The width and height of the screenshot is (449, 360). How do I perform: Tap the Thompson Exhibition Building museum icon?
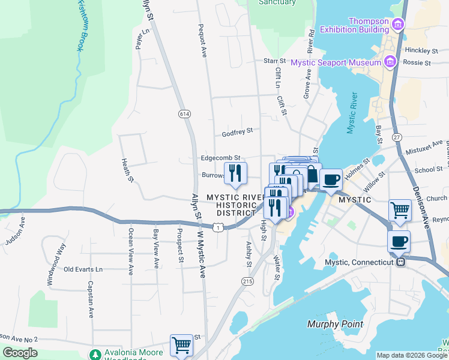(x=397, y=25)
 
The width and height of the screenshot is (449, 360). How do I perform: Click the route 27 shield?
(x=397, y=137)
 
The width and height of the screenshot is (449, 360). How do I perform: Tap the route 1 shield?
(x=220, y=227)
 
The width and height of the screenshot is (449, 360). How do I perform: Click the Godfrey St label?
(x=237, y=130)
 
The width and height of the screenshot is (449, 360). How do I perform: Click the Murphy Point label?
(x=335, y=324)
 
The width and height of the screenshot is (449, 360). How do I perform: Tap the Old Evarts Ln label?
(x=83, y=269)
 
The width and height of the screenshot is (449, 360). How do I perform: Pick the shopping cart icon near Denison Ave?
(x=400, y=211)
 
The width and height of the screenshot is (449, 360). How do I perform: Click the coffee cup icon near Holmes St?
(x=331, y=179)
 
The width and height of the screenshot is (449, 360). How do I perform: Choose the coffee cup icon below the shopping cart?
(x=400, y=241)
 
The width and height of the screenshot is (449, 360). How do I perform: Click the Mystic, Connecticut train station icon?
(x=400, y=262)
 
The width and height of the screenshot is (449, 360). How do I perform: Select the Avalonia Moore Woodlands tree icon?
(x=95, y=354)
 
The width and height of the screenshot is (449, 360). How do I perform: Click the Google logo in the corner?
(x=20, y=353)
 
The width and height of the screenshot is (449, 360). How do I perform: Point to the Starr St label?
(x=275, y=61)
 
